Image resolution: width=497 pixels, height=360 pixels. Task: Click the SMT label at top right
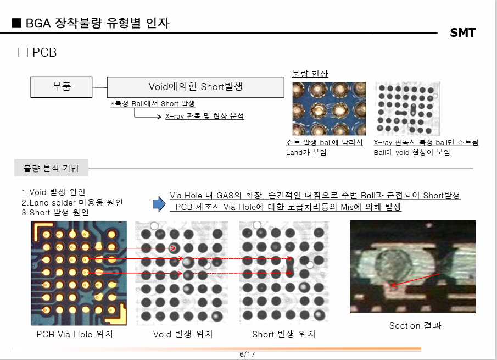pos(462,32)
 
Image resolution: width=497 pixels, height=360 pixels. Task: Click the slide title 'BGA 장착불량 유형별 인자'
pos(91,23)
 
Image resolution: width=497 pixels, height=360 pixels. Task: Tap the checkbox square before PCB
pos(23,53)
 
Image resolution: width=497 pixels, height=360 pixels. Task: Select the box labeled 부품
pos(62,87)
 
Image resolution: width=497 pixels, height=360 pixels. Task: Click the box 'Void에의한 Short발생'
pos(196,87)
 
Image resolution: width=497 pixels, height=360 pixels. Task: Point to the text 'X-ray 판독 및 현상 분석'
pos(204,116)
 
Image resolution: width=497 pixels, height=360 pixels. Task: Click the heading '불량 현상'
pos(310,74)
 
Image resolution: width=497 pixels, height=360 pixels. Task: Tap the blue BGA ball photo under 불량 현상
pos(329,108)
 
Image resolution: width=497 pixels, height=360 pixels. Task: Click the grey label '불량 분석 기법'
pos(51,168)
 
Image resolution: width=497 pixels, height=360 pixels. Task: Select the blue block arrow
pos(159,204)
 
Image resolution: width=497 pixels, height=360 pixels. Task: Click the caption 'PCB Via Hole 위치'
pos(74,334)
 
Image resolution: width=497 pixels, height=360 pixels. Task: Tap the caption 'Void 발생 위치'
pos(183,334)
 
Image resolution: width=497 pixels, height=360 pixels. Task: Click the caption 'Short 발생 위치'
pos(283,334)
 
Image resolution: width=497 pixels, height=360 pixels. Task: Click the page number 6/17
pos(248,354)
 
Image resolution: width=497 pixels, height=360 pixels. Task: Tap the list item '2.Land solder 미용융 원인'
pos(72,202)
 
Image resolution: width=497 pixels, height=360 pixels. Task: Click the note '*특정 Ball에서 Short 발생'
pos(153,103)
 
